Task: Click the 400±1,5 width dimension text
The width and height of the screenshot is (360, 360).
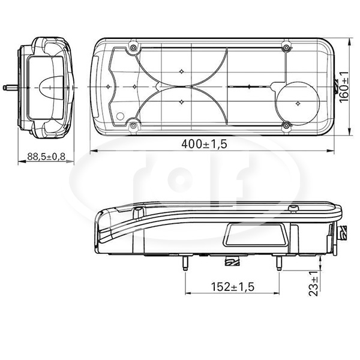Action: pos(204,144)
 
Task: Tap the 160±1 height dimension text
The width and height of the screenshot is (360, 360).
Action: pos(344,87)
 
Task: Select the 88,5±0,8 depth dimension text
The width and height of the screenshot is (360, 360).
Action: pos(46,157)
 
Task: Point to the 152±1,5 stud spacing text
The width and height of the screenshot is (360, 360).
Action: pos(233,287)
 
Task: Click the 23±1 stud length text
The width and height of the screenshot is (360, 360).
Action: pos(314,283)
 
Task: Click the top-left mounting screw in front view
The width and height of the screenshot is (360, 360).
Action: pos(133,48)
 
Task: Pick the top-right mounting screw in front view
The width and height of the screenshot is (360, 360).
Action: pos(286,48)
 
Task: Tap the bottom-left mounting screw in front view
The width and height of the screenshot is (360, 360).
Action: pos(133,125)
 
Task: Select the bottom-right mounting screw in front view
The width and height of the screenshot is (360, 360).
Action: pos(286,125)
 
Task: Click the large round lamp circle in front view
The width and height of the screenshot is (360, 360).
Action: pos(276,103)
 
